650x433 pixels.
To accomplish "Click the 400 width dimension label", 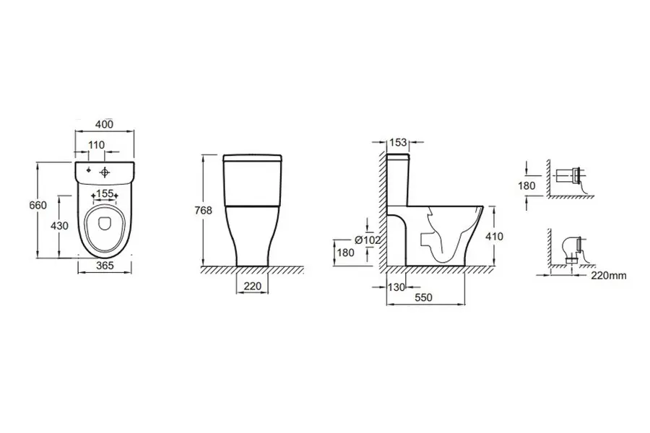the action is pos(105,124).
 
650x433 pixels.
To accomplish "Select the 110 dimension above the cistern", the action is pos(96,145).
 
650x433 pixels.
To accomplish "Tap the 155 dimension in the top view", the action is pos(105,193).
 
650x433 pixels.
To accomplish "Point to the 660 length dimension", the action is pos(38,205).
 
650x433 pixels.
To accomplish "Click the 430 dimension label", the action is pos(59,226).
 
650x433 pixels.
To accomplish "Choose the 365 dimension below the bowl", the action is pos(105,265).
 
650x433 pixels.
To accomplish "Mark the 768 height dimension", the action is pos(204,211).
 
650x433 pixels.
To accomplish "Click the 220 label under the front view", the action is pos(253,286).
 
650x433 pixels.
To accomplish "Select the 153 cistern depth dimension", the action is pos(399,143).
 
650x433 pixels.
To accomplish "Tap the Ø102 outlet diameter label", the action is pos(368,240).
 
